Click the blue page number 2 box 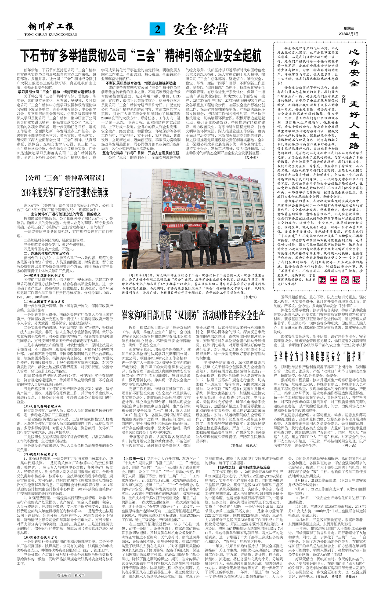157,29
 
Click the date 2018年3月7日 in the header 349,34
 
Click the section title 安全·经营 200,29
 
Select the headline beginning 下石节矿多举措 141,56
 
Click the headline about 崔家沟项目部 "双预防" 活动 193,315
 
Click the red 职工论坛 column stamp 339,280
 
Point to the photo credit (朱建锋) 250,297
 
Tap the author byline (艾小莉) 251,157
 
